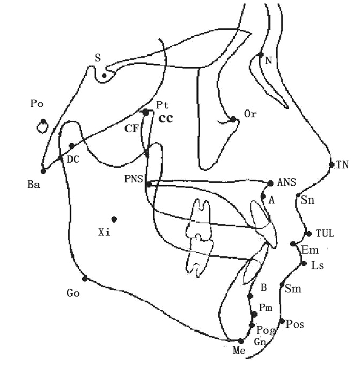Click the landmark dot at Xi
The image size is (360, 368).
pyautogui.click(x=114, y=219)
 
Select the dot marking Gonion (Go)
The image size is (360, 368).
pyautogui.click(x=85, y=279)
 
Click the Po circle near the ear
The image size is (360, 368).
pyautogui.click(x=42, y=124)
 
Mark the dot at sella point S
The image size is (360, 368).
pyautogui.click(x=104, y=76)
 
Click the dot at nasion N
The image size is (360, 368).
pyautogui.click(x=261, y=54)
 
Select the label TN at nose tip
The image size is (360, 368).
pyautogui.click(x=343, y=165)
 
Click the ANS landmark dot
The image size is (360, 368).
pyautogui.click(x=271, y=183)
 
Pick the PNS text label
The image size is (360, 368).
pyautogui.click(x=133, y=179)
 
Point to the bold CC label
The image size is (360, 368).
pyautogui.click(x=166, y=119)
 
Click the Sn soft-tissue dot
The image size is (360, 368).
pyautogui.click(x=298, y=195)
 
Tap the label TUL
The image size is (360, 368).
pyautogui.click(x=325, y=233)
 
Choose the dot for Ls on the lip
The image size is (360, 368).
pyautogui.click(x=303, y=264)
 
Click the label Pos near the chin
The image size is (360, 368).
pyautogui.click(x=295, y=325)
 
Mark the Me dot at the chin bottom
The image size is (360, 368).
pyautogui.click(x=241, y=341)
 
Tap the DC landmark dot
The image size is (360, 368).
pyautogui.click(x=72, y=146)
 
